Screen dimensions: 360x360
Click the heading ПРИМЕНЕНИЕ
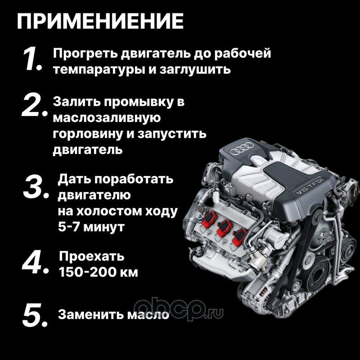[x=100, y=21]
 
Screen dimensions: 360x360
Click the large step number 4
[x=36, y=262]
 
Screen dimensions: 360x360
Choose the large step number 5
[x=35, y=315]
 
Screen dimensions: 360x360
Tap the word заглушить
[x=195, y=69]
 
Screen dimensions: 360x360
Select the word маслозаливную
[x=107, y=118]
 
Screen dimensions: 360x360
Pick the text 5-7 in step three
[x=69, y=227]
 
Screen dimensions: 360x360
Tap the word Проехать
[x=92, y=256]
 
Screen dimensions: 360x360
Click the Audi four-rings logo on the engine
[x=242, y=148]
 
